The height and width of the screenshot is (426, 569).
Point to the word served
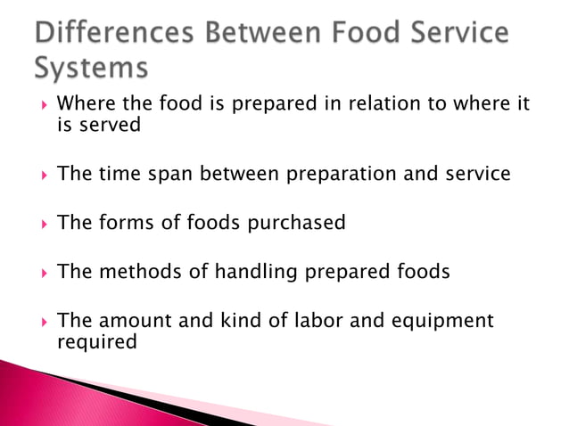[111, 125]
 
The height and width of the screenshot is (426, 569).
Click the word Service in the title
[455, 34]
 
